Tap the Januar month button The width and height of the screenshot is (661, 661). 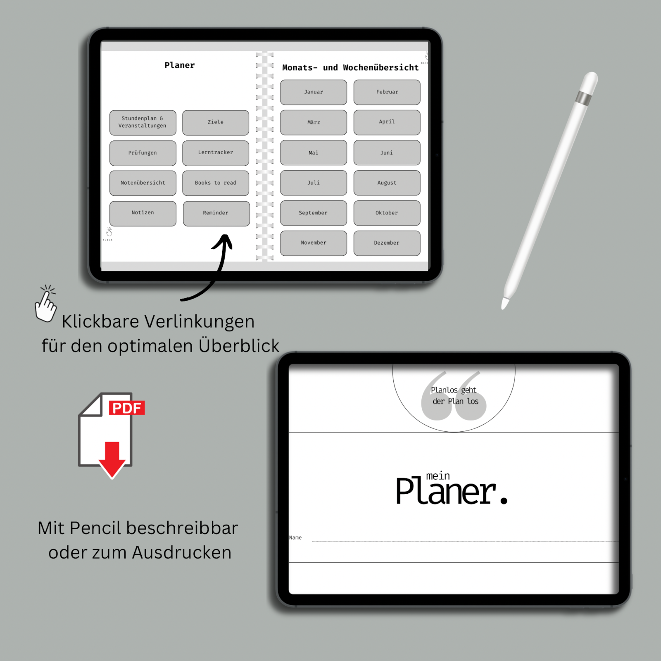[x=314, y=92]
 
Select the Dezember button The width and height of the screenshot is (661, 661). [x=387, y=243]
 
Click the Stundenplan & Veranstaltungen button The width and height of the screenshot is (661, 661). [x=143, y=122]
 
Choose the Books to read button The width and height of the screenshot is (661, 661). [x=216, y=183]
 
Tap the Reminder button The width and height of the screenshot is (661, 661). [x=216, y=213]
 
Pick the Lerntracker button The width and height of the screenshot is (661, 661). [x=216, y=152]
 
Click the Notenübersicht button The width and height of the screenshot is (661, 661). [x=143, y=183]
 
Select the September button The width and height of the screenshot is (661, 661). [x=313, y=213]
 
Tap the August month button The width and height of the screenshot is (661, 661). [x=387, y=183]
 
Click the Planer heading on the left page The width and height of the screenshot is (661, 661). [x=180, y=65]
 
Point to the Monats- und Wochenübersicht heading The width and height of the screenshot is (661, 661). [x=350, y=68]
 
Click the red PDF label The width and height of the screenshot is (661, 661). [x=126, y=408]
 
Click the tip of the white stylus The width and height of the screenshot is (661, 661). [x=504, y=306]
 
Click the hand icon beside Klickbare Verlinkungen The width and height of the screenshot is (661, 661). [x=45, y=304]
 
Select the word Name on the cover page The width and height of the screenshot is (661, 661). [x=295, y=537]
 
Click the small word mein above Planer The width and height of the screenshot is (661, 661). [x=438, y=476]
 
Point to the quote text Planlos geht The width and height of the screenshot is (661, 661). [x=454, y=390]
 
